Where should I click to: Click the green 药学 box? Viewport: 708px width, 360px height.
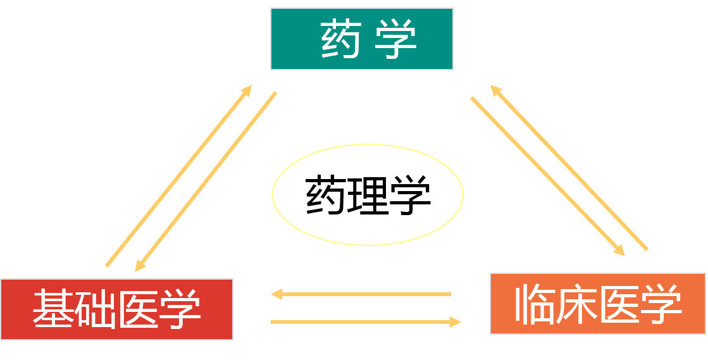[361, 39]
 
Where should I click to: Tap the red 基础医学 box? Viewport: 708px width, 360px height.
[116, 309]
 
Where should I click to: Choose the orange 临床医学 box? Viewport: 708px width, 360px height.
[597, 304]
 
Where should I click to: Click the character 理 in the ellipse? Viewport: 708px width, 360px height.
[368, 196]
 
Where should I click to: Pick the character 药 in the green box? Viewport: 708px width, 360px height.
[340, 39]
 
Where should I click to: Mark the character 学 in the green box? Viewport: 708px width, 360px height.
[395, 39]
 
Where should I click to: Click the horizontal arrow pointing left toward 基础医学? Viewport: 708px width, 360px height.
[361, 294]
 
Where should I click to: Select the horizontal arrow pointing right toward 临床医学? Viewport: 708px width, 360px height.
[366, 322]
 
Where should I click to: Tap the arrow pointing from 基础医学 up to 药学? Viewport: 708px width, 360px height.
[178, 175]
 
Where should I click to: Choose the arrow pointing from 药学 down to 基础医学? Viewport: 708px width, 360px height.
[206, 182]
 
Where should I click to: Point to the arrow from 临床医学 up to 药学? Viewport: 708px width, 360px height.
[569, 168]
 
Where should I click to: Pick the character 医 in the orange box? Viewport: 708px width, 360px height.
[619, 304]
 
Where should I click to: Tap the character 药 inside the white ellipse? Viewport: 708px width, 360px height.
[325, 196]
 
